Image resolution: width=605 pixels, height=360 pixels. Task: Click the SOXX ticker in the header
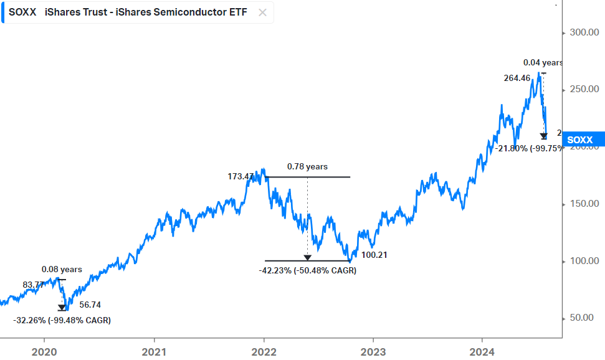coord(21,12)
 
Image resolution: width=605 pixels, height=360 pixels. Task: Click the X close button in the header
coord(263,12)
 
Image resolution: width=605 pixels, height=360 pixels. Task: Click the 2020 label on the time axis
coord(44,352)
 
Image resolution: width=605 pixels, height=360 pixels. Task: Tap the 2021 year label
coord(154,352)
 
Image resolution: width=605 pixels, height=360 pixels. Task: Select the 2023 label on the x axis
coord(373,352)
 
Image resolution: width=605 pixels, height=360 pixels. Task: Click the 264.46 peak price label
coord(516,78)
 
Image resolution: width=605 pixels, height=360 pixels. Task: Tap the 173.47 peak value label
coord(240,177)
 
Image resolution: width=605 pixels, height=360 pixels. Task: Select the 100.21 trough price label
coord(374,254)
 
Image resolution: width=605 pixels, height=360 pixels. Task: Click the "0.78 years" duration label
coord(307,167)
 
